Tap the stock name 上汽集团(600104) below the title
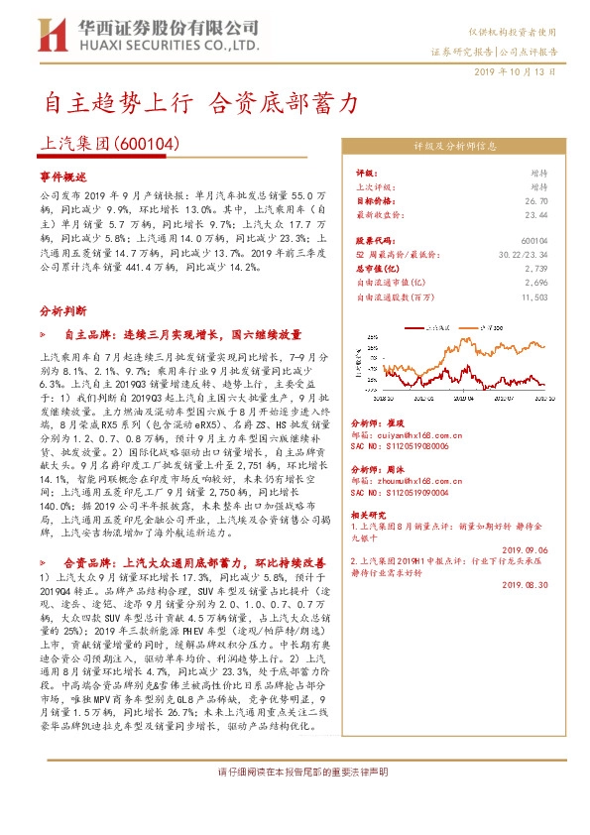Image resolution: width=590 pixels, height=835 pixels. [x=109, y=144]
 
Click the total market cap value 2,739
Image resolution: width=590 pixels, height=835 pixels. [x=536, y=268]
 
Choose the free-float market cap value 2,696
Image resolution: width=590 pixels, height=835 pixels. [x=536, y=282]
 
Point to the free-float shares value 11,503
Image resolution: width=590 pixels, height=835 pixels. [x=533, y=296]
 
